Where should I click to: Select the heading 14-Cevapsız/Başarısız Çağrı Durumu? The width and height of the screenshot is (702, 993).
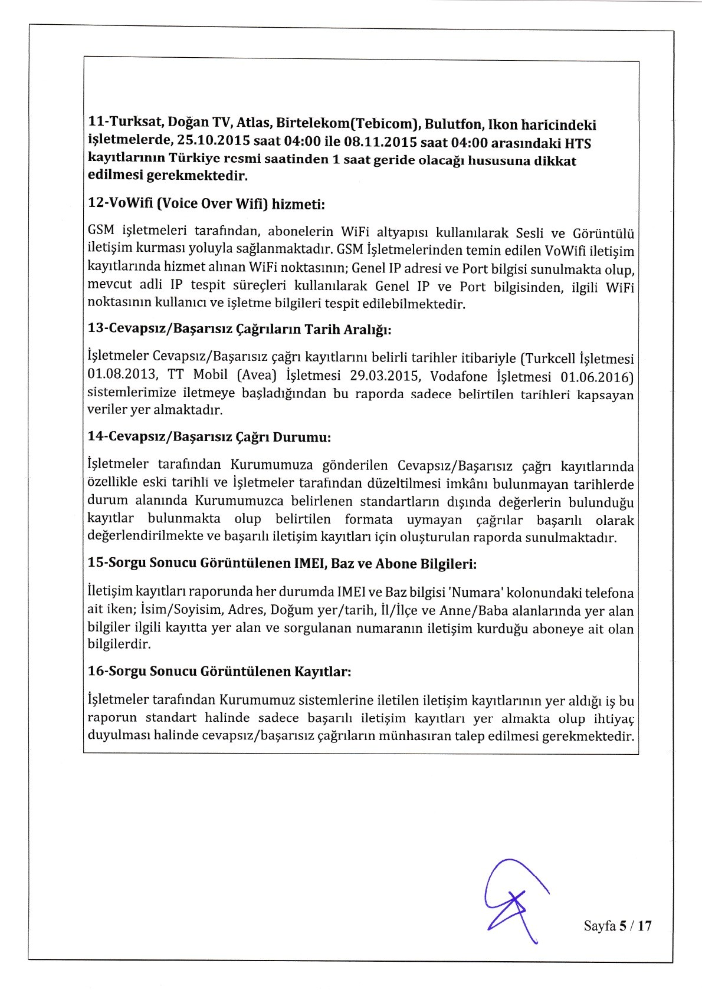pos(209,437)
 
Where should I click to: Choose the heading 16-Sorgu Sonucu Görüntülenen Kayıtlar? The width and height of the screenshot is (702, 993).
pos(219,671)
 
